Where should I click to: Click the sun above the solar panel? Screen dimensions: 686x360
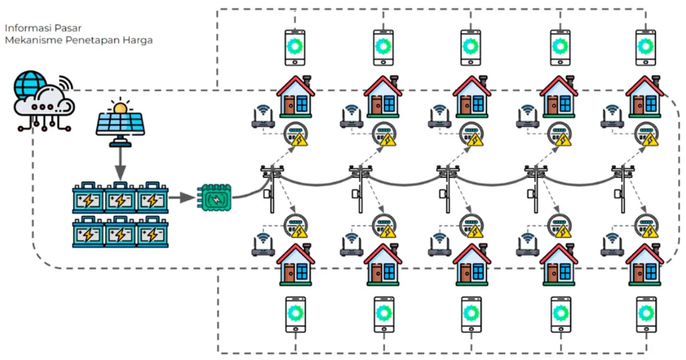(x=120, y=107)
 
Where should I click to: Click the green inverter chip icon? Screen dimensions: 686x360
(x=214, y=198)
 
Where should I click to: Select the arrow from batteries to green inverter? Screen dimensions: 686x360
(x=182, y=198)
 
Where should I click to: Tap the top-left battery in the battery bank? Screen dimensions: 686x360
(x=88, y=198)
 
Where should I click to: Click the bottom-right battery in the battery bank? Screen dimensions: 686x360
(x=152, y=231)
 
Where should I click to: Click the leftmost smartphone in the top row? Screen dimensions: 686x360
(x=295, y=48)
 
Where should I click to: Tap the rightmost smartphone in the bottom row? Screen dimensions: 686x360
(x=646, y=314)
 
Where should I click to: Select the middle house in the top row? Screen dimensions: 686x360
(x=472, y=97)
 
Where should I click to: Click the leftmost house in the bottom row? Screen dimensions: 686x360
(x=295, y=265)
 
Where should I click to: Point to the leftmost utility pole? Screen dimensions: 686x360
(x=272, y=189)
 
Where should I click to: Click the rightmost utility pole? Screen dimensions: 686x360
(x=623, y=189)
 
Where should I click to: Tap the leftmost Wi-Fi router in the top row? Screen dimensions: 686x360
(x=263, y=117)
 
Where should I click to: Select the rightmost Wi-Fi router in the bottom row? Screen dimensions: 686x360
(x=612, y=245)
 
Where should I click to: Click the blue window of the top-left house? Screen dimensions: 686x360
(x=302, y=104)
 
